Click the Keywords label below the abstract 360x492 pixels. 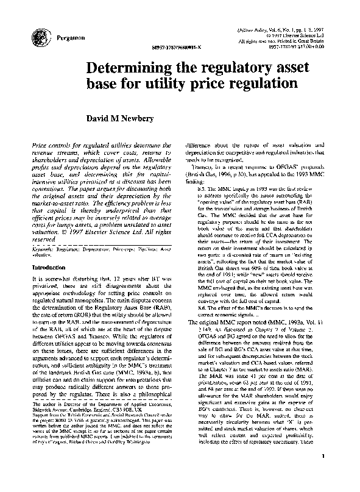tap(44, 251)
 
